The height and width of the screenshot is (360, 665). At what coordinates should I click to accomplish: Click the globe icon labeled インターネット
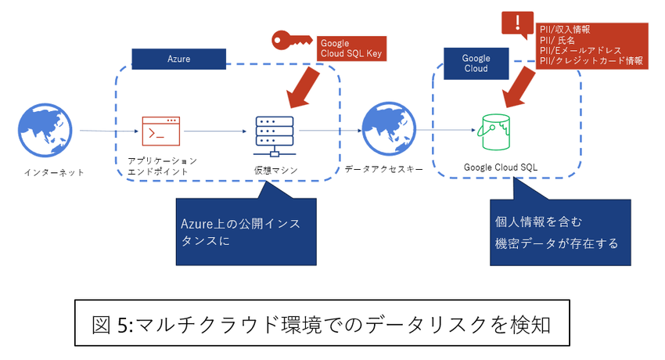(x=49, y=130)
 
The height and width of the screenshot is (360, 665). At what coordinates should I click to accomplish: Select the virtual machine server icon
(x=274, y=137)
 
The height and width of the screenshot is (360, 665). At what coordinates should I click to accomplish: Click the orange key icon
(x=291, y=41)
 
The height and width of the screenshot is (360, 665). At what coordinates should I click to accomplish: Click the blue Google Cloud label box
(x=476, y=63)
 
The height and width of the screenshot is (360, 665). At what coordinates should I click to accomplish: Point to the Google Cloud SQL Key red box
(x=350, y=49)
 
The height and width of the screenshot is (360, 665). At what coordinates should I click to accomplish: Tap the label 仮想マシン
(x=275, y=171)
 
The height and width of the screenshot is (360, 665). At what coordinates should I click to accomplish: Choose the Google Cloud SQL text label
(x=501, y=167)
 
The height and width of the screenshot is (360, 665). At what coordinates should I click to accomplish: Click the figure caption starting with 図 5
(x=322, y=322)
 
